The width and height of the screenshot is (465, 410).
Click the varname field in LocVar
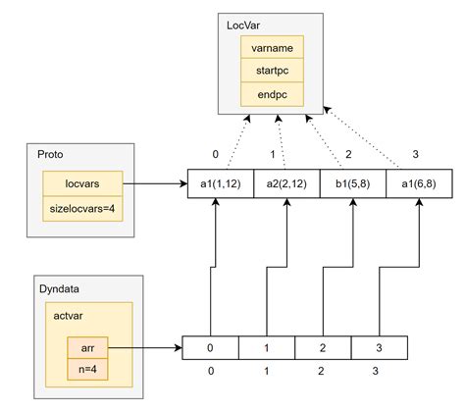pos(272,47)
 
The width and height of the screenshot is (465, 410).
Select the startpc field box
pos(272,71)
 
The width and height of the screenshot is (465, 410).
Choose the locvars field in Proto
pos(82,183)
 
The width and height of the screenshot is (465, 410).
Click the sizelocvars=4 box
pos(82,207)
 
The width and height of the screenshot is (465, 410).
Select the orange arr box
pos(87,347)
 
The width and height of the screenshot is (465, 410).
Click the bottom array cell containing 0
pos(211,347)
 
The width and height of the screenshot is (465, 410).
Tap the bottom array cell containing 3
pos(378,347)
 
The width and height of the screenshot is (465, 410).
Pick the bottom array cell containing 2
pos(323,347)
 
